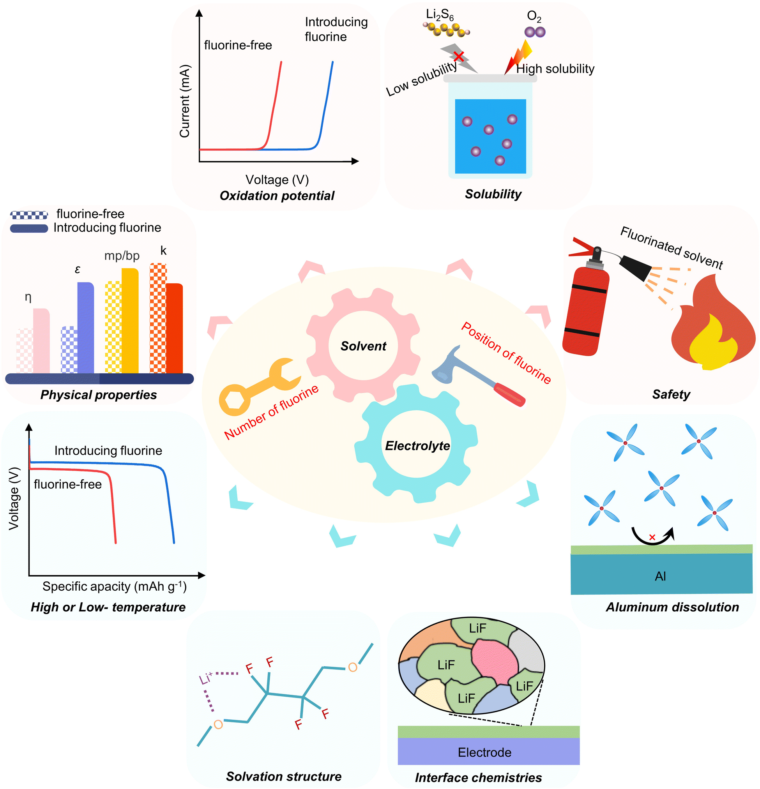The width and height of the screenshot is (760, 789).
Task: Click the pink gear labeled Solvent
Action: (363, 345)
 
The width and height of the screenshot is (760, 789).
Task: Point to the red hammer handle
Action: (509, 394)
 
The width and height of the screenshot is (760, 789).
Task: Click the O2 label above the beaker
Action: (534, 16)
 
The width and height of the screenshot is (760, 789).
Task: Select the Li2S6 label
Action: (440, 15)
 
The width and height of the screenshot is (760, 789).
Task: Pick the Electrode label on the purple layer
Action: (484, 752)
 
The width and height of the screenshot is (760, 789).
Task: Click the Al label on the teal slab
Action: (660, 576)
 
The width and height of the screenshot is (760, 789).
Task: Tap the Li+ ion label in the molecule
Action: (205, 678)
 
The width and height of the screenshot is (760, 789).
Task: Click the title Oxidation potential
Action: (277, 196)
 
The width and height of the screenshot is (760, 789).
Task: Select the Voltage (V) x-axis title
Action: (277, 180)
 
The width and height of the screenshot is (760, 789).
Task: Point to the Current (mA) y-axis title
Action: (184, 101)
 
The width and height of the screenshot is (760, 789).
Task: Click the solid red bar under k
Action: (174, 328)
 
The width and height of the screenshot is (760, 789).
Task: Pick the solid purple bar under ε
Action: (86, 328)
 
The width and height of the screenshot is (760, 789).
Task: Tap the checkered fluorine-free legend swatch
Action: (29, 215)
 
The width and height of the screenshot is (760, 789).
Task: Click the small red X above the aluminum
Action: (652, 537)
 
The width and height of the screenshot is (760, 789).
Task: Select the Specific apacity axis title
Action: (114, 586)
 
